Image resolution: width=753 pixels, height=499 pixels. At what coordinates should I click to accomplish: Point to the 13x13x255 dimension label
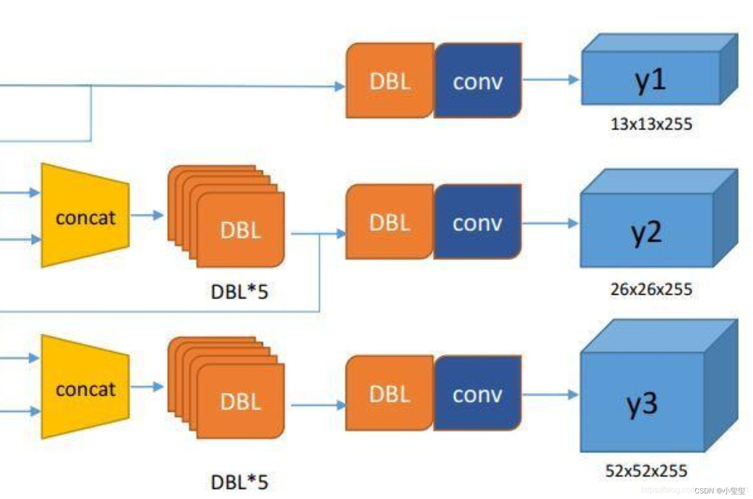(651, 124)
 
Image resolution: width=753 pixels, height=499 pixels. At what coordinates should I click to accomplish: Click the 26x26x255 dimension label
(651, 289)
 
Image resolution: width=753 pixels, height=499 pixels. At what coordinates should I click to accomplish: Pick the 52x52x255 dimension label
(647, 471)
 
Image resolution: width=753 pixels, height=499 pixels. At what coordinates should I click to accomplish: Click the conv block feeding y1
(478, 81)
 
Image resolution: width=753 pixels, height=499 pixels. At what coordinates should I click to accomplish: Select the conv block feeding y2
(478, 222)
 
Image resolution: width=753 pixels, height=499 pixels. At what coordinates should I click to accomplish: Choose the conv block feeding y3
(478, 394)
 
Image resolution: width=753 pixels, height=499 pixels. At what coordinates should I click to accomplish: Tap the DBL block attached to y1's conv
(390, 81)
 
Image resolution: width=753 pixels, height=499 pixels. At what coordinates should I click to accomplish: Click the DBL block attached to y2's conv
(390, 222)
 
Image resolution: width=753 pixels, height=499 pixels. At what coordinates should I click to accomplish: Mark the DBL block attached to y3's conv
(390, 394)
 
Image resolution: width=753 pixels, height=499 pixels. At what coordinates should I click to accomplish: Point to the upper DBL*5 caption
(239, 292)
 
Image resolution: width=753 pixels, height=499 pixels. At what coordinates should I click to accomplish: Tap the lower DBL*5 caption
(239, 482)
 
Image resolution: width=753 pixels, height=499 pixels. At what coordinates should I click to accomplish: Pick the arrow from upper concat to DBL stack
(147, 215)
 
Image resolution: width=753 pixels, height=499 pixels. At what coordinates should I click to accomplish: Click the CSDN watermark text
(720, 490)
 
